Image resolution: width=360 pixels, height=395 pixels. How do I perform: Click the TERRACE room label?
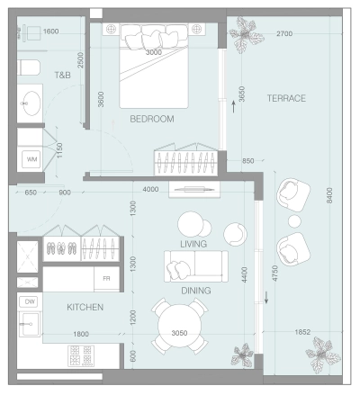(286, 97)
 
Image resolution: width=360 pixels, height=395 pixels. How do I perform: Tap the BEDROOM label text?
(151, 119)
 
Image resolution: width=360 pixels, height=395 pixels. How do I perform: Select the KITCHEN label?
(85, 308)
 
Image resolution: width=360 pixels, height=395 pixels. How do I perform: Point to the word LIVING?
(193, 244)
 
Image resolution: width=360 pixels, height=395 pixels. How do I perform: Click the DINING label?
(195, 291)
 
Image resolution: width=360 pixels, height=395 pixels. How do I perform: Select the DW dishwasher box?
(29, 302)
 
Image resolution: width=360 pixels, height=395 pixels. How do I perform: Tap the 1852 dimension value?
(301, 333)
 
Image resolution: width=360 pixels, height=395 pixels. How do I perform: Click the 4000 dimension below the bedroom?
(150, 189)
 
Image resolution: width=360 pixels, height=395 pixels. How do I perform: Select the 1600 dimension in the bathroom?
(51, 31)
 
